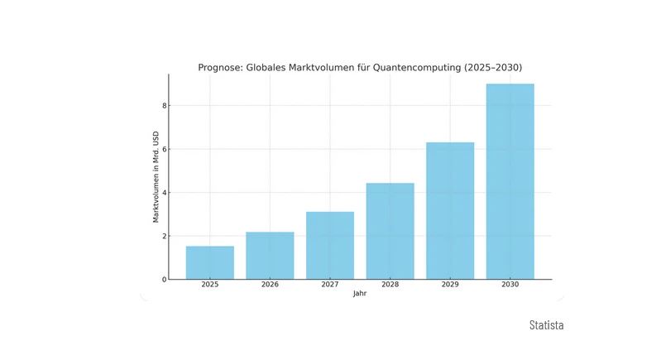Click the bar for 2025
(x=209, y=262)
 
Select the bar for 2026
(x=270, y=256)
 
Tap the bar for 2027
(x=330, y=246)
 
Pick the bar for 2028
(x=390, y=231)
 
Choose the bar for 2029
(x=450, y=211)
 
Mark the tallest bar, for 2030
(x=510, y=182)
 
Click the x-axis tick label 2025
(x=209, y=286)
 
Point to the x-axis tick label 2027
(x=330, y=286)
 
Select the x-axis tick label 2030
(x=510, y=286)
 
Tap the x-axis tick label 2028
(x=390, y=286)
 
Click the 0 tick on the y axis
(x=164, y=280)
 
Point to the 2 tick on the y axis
(x=164, y=236)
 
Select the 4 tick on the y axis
(x=164, y=193)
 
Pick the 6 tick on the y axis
(x=164, y=149)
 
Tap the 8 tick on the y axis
(x=164, y=106)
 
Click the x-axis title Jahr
(x=360, y=294)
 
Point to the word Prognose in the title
(x=222, y=68)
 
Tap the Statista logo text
(x=546, y=325)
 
